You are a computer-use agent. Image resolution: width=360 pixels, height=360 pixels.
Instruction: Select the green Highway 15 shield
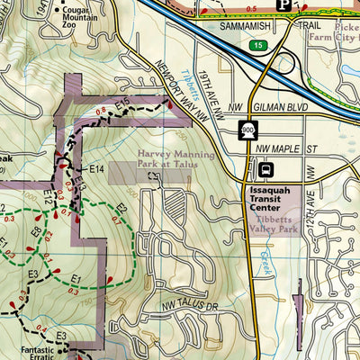point(259,43)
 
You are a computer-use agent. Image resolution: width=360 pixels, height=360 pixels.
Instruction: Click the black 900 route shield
point(248,131)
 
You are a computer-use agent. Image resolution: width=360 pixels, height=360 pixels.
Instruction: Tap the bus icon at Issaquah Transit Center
point(266,170)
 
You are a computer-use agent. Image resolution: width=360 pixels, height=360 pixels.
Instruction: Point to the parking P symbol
point(283,5)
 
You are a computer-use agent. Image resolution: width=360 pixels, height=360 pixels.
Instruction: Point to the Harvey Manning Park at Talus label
point(175,159)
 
